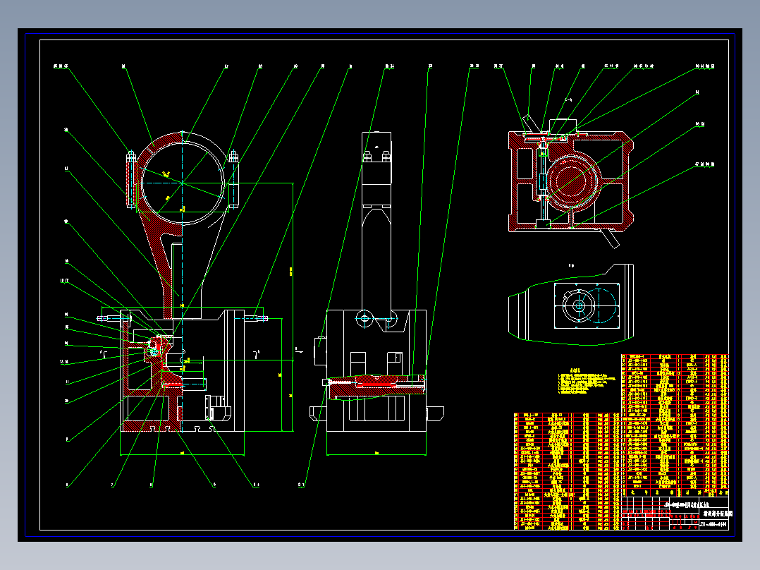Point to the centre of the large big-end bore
pos(183,182)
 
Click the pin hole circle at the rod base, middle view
pos(364,318)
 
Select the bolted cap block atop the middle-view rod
pos(377,158)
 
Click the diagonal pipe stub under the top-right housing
pos(610,238)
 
